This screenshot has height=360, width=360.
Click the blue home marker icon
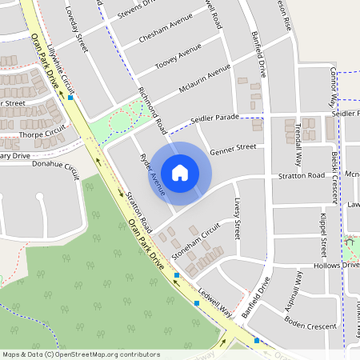(x=180, y=172)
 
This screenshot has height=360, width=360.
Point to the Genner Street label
(x=232, y=148)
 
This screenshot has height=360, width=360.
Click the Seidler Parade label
(x=215, y=119)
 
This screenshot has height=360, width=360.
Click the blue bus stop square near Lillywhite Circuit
(x=71, y=98)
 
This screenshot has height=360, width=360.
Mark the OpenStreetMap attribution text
(x=80, y=354)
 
